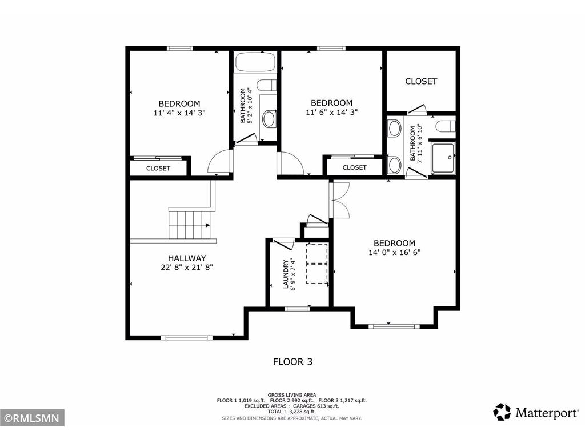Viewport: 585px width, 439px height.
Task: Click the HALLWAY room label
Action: click(x=186, y=258)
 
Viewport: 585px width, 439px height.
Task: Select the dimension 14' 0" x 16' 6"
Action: click(x=394, y=252)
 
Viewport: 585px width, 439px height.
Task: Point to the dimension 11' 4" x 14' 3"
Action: click(x=179, y=113)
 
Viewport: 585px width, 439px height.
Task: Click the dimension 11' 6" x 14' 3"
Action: click(x=332, y=113)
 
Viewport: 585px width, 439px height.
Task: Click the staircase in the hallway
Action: click(x=190, y=225)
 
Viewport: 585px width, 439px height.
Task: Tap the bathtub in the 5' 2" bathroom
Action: click(x=255, y=63)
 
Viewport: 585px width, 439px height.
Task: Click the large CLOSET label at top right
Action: click(x=421, y=81)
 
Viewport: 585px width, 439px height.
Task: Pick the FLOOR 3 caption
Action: click(x=292, y=361)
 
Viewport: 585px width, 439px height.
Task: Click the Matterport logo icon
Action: click(x=502, y=412)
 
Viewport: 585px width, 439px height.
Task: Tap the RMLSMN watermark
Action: click(x=32, y=418)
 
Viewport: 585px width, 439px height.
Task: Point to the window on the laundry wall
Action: click(x=297, y=309)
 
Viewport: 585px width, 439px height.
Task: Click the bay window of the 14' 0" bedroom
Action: click(x=394, y=326)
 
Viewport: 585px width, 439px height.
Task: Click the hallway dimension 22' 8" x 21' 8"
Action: click(x=186, y=267)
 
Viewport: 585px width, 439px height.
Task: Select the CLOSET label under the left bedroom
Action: click(x=158, y=168)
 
